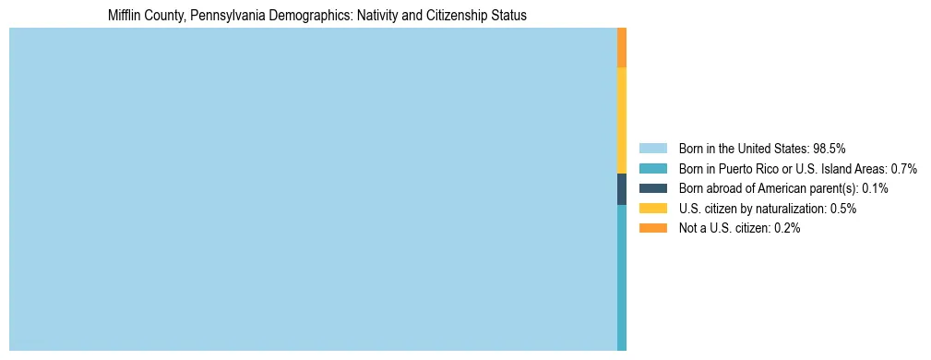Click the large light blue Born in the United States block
click(x=313, y=189)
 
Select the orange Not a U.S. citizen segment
click(x=622, y=48)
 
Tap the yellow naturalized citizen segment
click(x=622, y=121)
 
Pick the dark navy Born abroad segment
click(x=622, y=189)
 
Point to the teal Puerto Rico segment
click(x=622, y=277)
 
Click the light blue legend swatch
click(x=652, y=148)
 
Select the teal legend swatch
click(x=652, y=168)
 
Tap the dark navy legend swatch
click(x=652, y=188)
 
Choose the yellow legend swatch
click(x=652, y=209)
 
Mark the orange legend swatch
click(x=652, y=228)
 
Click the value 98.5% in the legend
click(x=830, y=148)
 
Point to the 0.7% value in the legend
click(x=903, y=168)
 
